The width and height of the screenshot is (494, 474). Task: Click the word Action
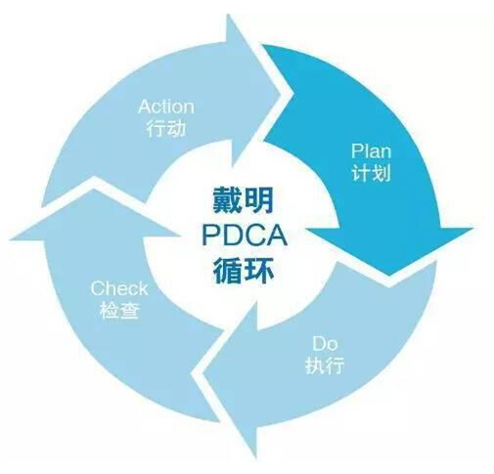pos(166,107)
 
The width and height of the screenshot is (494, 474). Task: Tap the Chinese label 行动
pos(166,128)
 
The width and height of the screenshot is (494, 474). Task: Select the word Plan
pos(371,151)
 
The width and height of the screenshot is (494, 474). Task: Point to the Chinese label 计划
pos(372,172)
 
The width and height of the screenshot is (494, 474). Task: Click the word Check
pos(119,288)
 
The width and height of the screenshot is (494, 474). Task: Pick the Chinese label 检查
pos(119,310)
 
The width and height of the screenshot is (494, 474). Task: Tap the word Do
pos(325,344)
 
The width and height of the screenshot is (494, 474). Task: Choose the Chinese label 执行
pos(325,365)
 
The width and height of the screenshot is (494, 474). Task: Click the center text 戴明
pos(244,200)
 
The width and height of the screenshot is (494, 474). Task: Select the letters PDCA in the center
pos(245,236)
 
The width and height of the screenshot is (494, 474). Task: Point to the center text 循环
pos(244,271)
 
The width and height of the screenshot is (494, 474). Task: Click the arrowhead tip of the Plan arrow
pos(389,276)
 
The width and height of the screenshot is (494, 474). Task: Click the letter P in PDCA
pos(210,236)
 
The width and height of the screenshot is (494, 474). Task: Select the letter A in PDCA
pos(277,236)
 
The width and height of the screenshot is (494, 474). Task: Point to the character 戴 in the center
pos(227,200)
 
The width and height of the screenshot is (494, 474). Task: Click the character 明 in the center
pos(259,200)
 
